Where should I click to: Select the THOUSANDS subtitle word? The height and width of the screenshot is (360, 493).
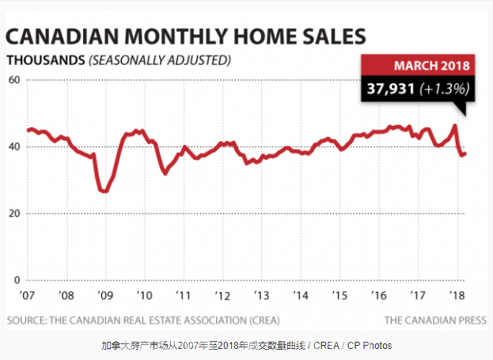45,60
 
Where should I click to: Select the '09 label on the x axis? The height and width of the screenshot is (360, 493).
104,295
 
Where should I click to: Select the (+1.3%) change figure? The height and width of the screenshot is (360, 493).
444,89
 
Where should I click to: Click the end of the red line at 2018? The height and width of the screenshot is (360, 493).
465,153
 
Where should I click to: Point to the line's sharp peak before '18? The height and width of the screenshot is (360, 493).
454,126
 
